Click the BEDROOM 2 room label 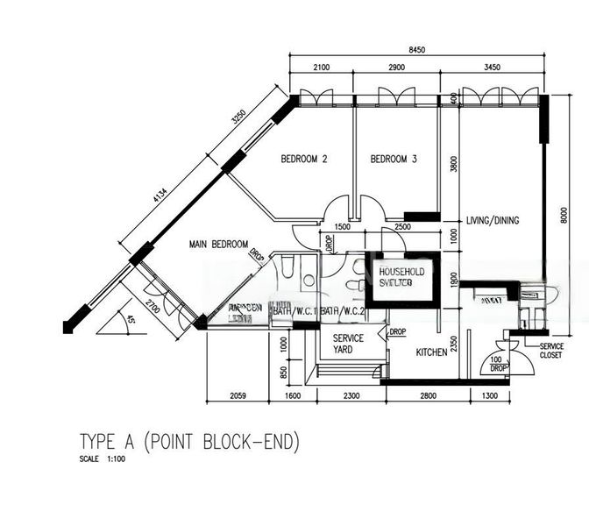point(304,160)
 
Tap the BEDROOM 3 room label point(394,160)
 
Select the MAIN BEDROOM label point(218,245)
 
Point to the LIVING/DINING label point(493,220)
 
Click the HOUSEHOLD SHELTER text point(401,278)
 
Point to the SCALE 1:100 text point(102,459)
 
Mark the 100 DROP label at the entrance point(499,364)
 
